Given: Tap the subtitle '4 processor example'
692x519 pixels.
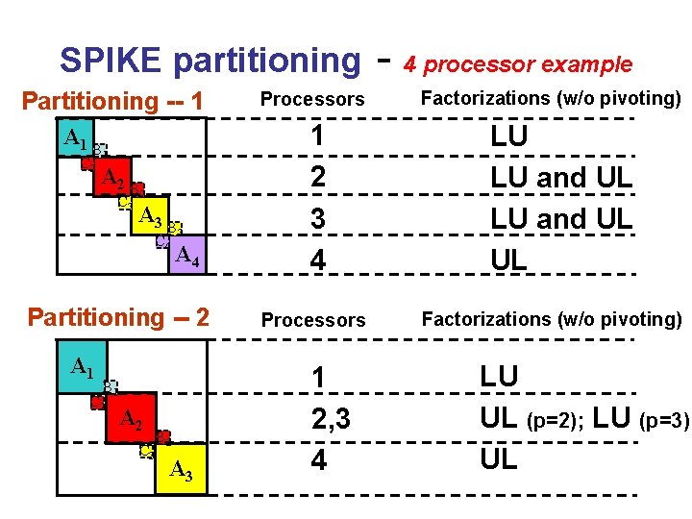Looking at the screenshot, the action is click(x=517, y=64).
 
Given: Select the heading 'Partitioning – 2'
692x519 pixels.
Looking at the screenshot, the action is click(x=118, y=316).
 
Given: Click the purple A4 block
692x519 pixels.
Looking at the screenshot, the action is click(x=185, y=254).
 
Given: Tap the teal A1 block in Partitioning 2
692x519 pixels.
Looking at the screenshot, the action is click(x=82, y=366).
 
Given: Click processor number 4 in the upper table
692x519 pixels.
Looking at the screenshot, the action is click(x=317, y=259).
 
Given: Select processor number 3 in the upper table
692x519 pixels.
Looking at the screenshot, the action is click(x=317, y=218).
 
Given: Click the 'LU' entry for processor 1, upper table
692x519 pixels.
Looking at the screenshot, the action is click(x=508, y=136).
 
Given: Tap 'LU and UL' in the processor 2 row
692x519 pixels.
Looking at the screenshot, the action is click(x=561, y=177).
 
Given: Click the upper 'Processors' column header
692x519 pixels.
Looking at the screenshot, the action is click(x=312, y=99).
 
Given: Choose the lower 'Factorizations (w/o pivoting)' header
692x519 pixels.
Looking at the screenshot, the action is click(x=552, y=318).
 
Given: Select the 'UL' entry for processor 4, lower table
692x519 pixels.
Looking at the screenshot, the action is click(x=498, y=459).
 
